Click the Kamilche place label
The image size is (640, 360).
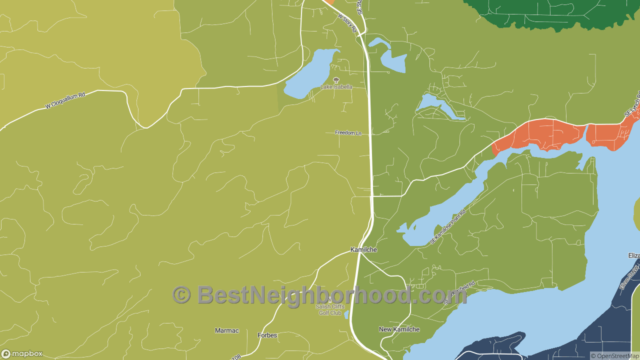tap(363, 249)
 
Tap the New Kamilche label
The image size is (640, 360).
tap(399, 329)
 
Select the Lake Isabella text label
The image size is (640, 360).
tap(336, 87)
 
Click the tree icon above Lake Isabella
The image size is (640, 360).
tap(336, 80)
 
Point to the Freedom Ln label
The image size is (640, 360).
tap(348, 133)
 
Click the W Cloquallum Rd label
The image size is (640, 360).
tap(65, 99)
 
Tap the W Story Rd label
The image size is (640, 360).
tap(347, 23)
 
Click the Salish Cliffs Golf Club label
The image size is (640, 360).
tap(330, 309)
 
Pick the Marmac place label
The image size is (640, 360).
tap(227, 330)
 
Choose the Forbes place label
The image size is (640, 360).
tap(267, 335)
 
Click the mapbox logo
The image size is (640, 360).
tap(22, 353)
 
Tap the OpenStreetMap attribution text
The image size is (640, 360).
tap(614, 356)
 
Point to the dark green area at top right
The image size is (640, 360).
tap(550, 12)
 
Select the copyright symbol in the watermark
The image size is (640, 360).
tap(181, 295)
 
